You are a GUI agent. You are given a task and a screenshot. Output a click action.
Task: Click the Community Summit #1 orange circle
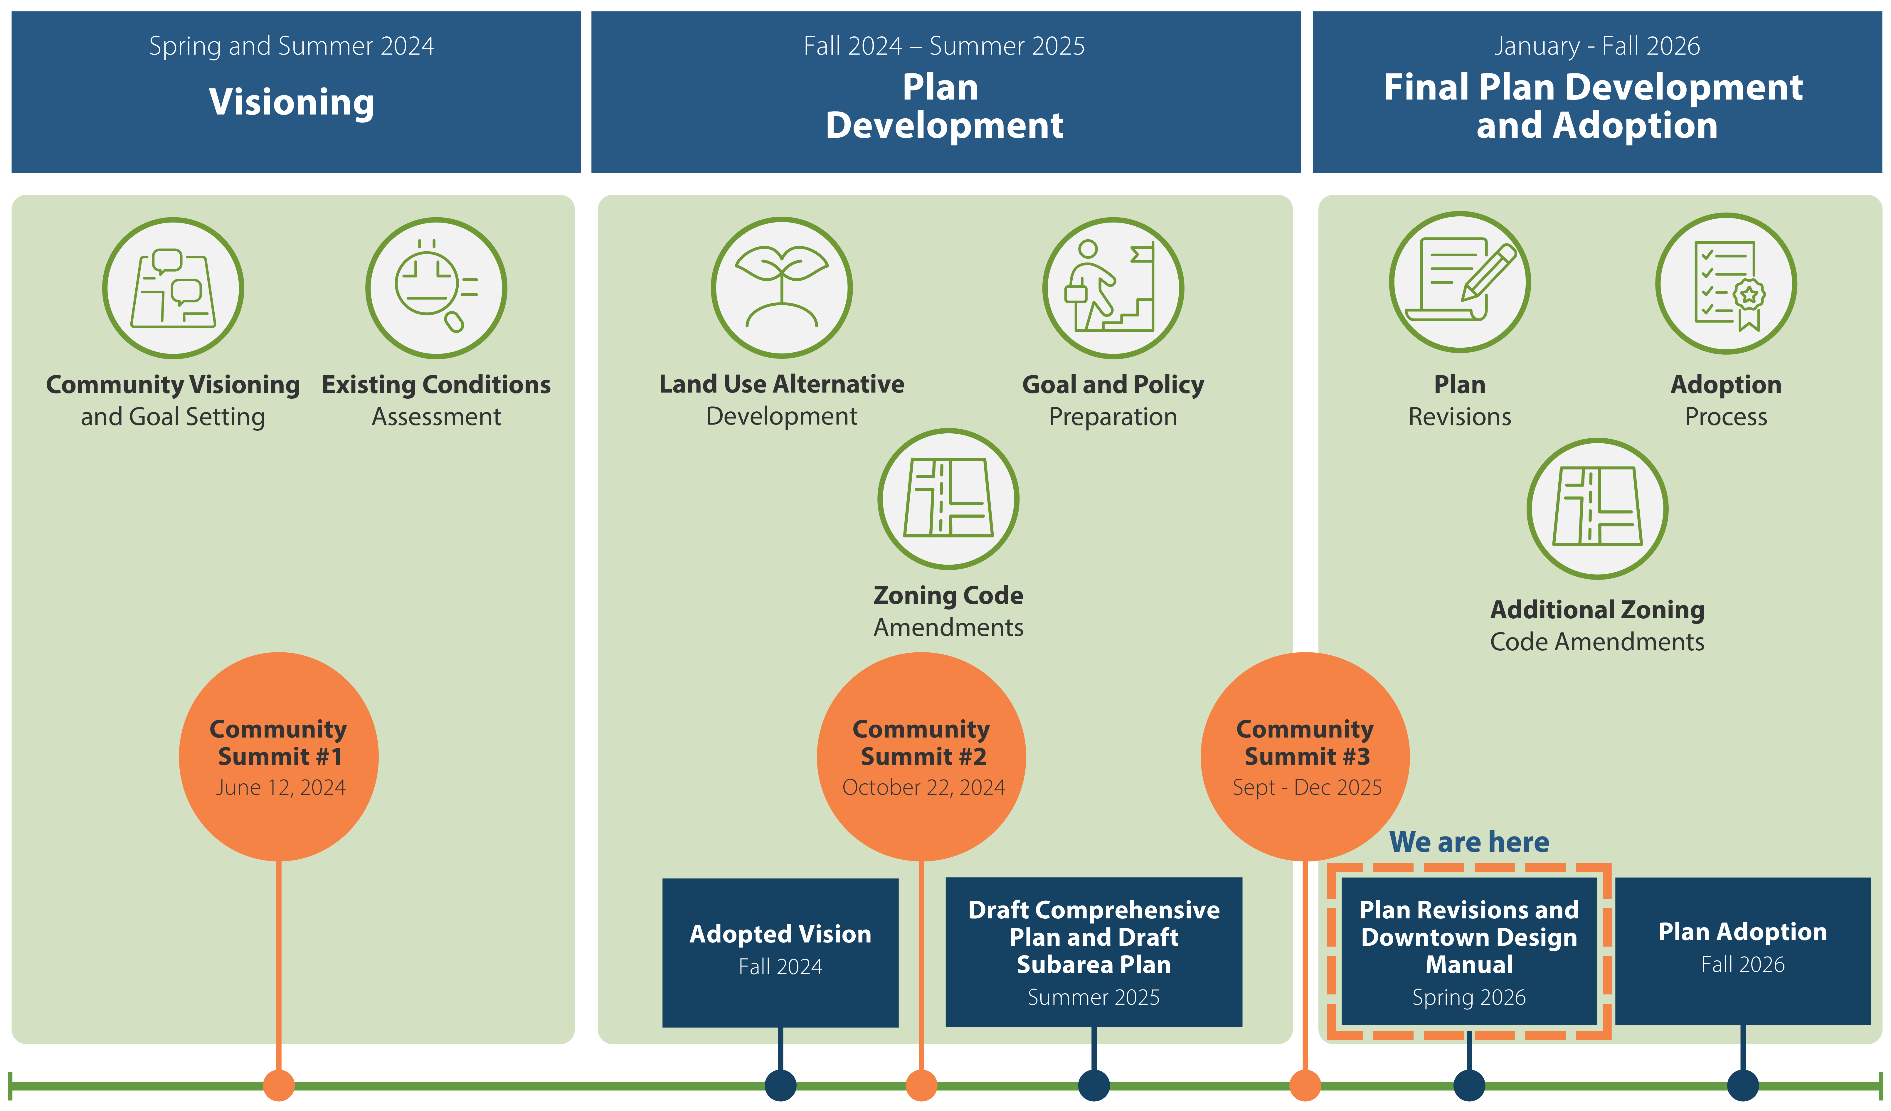[278, 756]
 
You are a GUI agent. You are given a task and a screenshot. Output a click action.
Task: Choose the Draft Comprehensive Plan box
[1093, 951]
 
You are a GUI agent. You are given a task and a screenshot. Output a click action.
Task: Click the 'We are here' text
[1468, 842]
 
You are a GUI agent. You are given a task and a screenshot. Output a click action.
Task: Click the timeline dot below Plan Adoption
[1742, 1085]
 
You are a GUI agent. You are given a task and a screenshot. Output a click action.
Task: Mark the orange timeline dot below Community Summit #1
[278, 1085]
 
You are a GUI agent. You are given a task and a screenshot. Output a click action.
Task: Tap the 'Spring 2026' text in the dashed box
[1468, 997]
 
